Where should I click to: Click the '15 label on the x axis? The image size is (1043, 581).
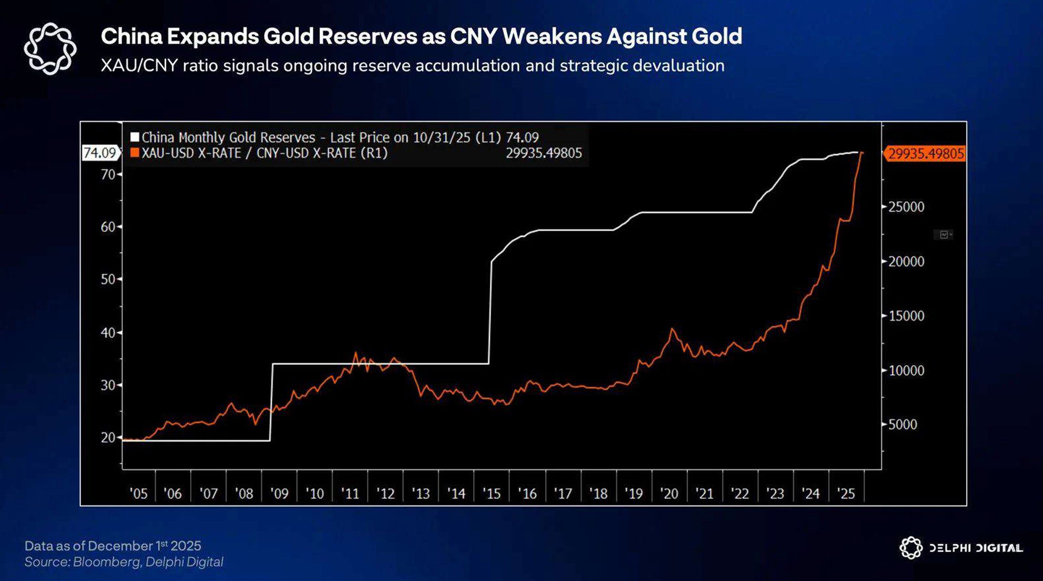[491, 494]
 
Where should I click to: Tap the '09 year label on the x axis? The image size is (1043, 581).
[279, 494]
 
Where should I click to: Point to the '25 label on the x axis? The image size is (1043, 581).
[846, 494]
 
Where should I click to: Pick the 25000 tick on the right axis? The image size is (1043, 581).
[906, 207]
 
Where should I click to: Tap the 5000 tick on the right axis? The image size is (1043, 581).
[902, 424]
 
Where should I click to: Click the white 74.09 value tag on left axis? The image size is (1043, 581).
[100, 153]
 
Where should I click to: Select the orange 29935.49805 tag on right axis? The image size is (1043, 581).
[926, 154]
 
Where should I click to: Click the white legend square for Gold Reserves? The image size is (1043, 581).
[135, 137]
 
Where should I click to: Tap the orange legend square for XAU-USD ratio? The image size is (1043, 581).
[135, 153]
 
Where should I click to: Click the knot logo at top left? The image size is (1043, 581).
[50, 48]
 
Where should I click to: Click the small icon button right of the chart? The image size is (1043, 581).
[944, 235]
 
